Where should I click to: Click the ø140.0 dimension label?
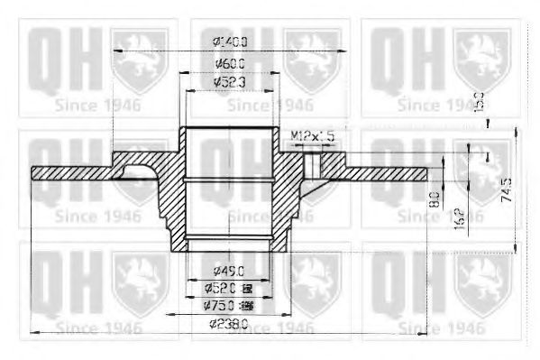click(x=230, y=41)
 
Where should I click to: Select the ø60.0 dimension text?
click(x=230, y=63)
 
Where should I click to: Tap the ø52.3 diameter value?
click(x=230, y=82)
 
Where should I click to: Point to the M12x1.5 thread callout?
click(x=313, y=134)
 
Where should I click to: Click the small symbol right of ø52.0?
click(x=248, y=289)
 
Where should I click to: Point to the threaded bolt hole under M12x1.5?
click(x=310, y=163)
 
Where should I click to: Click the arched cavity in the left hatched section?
click(x=137, y=172)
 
